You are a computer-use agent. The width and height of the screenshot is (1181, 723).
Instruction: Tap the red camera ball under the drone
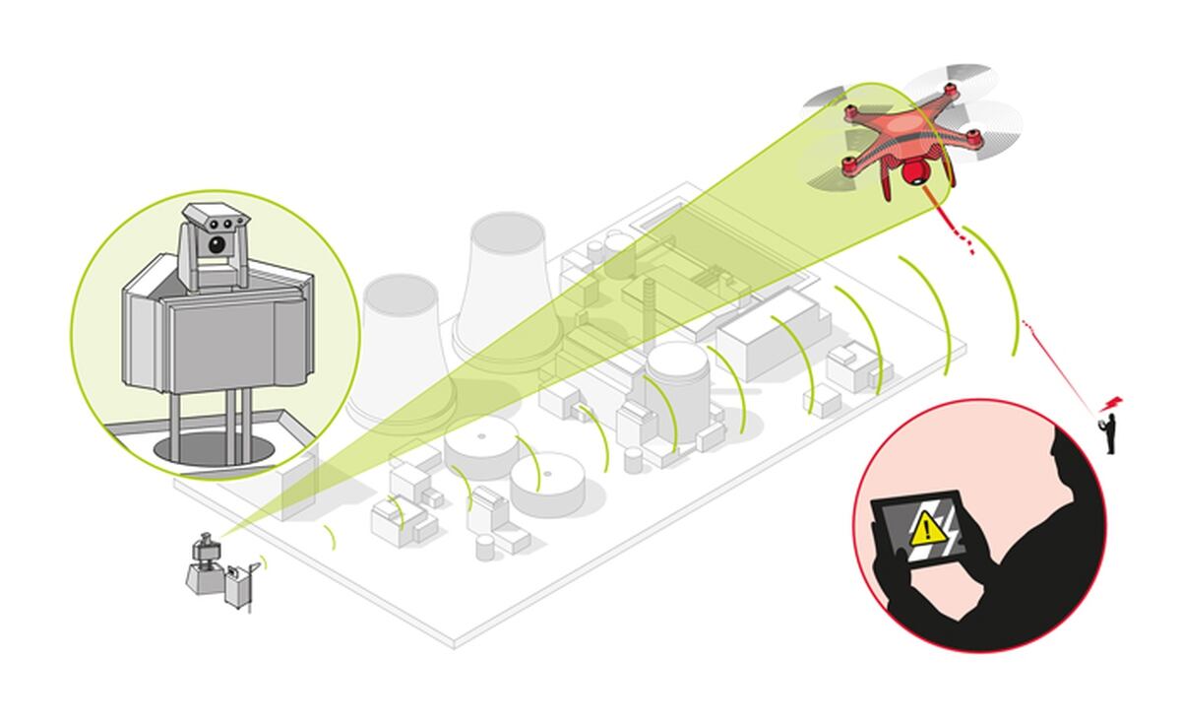[912, 174]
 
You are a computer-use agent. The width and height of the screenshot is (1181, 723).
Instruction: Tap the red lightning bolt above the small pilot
[1114, 403]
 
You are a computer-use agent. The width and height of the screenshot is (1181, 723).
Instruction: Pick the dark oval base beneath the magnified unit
[215, 449]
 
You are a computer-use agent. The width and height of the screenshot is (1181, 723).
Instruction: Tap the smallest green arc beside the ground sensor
[331, 537]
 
